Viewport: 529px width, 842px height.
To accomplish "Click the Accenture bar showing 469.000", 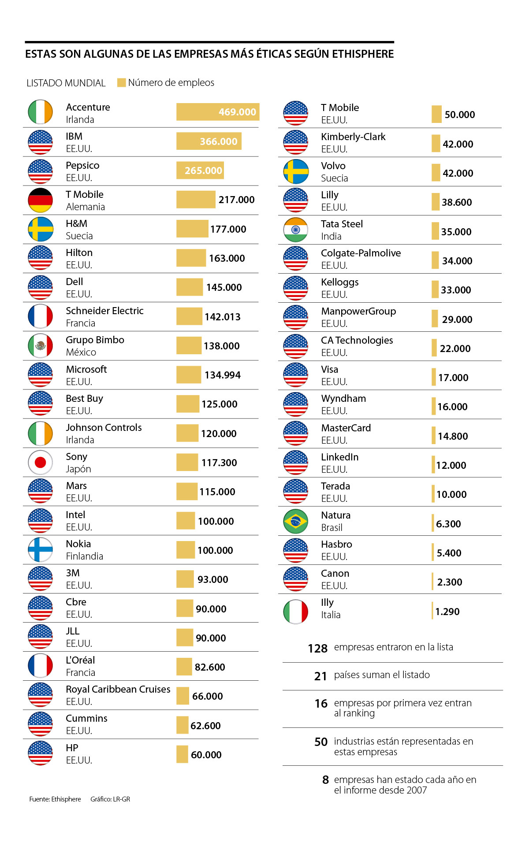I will click(218, 112).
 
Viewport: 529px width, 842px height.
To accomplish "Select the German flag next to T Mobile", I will click(40, 200).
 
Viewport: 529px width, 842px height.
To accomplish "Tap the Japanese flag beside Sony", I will click(40, 462).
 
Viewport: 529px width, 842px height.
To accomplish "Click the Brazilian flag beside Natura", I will click(295, 521).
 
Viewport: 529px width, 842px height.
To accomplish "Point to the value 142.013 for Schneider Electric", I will click(223, 317).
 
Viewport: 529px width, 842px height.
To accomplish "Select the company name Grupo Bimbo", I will click(95, 340).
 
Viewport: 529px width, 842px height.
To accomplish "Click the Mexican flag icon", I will click(40, 346).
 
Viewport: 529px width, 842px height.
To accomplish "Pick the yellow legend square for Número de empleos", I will click(121, 82).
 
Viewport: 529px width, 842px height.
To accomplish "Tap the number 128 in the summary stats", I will click(317, 648).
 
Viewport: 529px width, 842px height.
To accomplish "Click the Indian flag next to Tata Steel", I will click(295, 230).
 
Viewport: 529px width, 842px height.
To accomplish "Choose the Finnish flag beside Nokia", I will click(40, 549).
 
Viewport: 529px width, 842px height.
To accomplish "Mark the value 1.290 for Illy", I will click(447, 612).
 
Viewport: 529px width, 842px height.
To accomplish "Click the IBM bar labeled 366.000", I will click(209, 141).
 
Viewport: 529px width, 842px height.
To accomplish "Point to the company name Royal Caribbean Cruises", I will click(118, 689).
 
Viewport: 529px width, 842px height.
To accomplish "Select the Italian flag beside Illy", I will click(295, 612).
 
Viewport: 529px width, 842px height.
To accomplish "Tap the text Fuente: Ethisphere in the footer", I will click(55, 799).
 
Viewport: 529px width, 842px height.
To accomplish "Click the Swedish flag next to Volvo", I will click(295, 171).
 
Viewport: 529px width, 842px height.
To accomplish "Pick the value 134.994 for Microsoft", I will click(223, 375).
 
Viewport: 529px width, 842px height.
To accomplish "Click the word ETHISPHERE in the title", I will click(363, 54).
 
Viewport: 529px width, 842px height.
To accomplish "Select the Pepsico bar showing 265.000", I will click(200, 171).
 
